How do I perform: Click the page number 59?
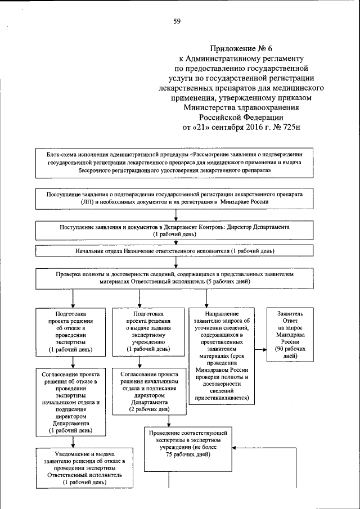point(177,21)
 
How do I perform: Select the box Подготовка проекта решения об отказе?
point(71,334)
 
